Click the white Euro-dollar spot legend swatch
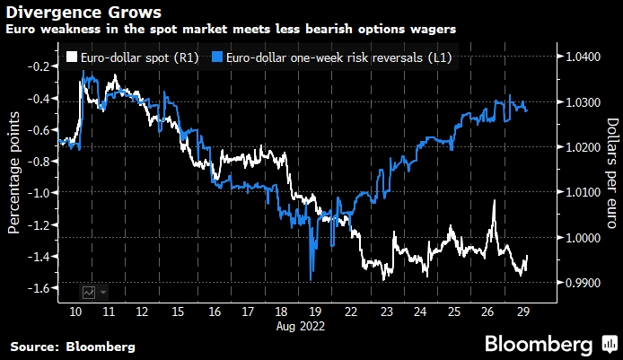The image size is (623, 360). (x=72, y=57)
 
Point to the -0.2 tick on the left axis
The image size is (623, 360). (x=38, y=66)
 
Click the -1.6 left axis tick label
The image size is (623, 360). (x=38, y=288)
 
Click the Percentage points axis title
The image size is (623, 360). (x=13, y=172)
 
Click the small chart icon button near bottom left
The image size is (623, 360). (x=89, y=292)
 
